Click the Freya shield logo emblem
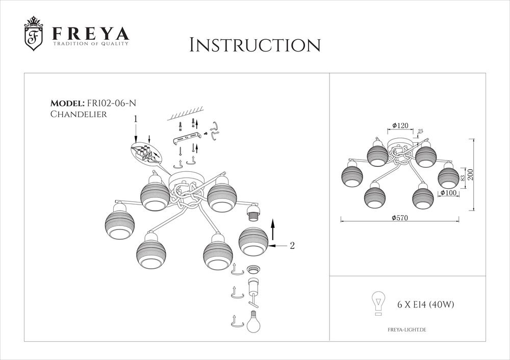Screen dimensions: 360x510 coord(34,34)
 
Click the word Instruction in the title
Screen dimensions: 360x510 coord(254,45)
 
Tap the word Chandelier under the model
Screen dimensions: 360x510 coord(79,114)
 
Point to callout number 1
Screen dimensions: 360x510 coord(135,119)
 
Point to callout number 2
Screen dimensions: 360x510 coord(292,246)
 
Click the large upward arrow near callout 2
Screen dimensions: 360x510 coord(273,229)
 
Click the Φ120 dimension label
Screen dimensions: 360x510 coord(401,125)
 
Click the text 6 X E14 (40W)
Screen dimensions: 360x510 coord(425,305)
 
